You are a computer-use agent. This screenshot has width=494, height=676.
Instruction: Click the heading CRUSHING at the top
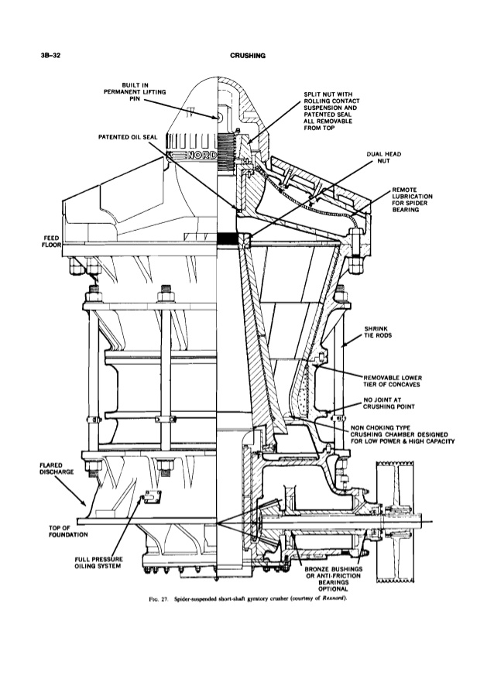(248, 57)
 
